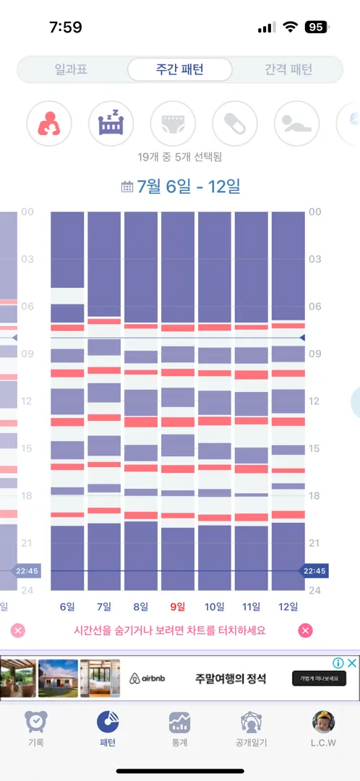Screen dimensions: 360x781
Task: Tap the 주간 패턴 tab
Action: coord(180,69)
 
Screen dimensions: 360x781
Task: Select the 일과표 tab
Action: coord(71,69)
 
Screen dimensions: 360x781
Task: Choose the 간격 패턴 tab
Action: coord(288,69)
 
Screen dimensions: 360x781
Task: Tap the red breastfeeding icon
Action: coord(49,123)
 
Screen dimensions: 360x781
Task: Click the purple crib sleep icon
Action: coord(111,123)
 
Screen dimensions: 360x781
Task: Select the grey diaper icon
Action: coord(173,123)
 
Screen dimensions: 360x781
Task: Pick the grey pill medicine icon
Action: coord(234,123)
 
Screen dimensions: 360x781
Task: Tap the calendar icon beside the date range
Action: coord(127,187)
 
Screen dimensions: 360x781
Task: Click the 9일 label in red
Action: coord(178,606)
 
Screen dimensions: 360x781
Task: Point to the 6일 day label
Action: coord(67,606)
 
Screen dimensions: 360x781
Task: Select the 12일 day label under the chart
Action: coord(288,606)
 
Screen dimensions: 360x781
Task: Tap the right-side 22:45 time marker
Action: coord(314,571)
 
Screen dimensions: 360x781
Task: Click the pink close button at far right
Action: coord(305,631)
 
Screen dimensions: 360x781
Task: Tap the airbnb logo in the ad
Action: coord(147,678)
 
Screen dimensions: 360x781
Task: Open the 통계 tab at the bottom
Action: coord(179,729)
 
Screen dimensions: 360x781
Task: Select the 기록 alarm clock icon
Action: coord(36,722)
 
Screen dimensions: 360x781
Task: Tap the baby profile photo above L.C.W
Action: coord(323,722)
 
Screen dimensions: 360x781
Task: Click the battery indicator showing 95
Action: coord(317,27)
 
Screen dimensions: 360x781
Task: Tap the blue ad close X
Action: coord(351,663)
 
